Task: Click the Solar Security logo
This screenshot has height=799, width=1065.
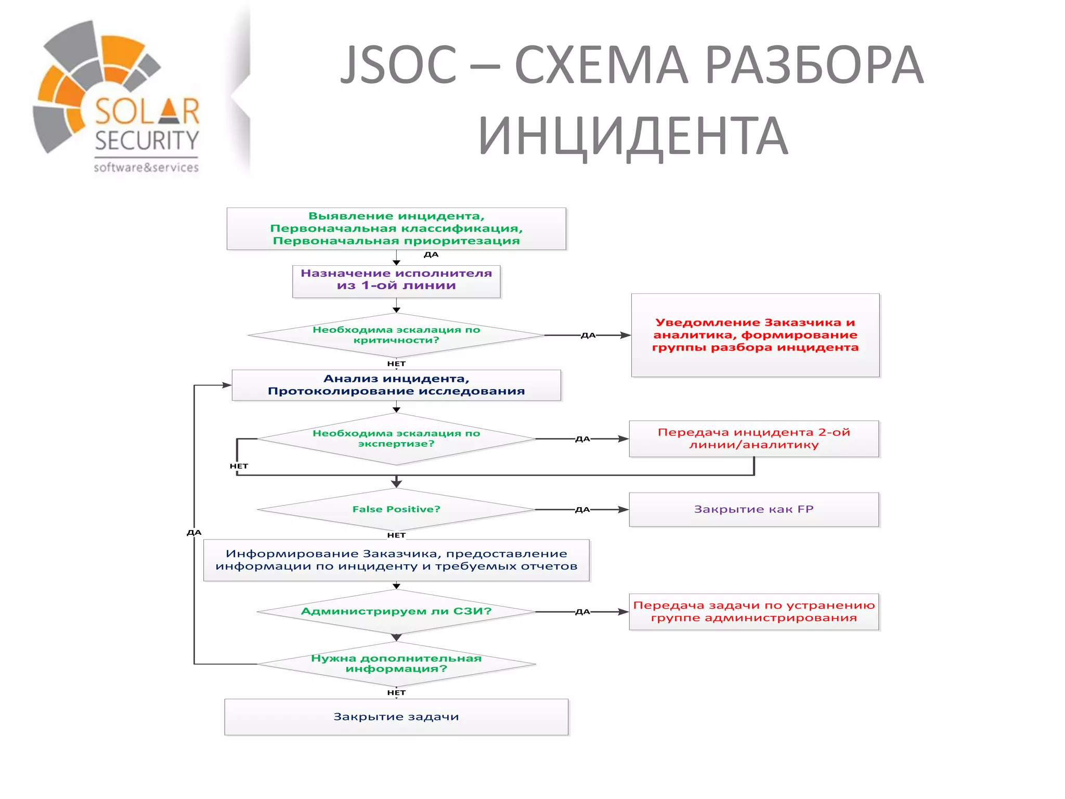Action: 117,96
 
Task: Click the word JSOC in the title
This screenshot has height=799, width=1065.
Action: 398,65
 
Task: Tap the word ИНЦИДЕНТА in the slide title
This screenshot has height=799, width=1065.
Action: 633,136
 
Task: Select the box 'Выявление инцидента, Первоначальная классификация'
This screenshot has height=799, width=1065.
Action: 396,229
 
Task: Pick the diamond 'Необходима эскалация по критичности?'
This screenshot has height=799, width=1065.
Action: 396,335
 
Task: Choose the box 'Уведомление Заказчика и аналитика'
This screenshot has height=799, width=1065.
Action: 755,335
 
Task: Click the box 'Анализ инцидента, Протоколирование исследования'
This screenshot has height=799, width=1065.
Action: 396,385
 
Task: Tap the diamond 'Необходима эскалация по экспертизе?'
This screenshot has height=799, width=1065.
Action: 396,439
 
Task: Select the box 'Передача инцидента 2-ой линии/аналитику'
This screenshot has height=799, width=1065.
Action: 754,439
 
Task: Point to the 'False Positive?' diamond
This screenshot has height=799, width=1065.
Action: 396,509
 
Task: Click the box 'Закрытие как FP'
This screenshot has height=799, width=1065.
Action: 754,509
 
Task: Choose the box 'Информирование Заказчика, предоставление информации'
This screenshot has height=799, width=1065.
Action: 396,560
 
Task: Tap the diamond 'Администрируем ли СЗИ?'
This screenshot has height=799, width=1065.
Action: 396,611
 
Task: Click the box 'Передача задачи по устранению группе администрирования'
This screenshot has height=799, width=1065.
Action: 754,612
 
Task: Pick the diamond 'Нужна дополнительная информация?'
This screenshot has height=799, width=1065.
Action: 396,664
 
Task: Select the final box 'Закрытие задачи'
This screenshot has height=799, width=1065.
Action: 396,717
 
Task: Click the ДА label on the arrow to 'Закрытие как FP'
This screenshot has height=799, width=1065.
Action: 582,510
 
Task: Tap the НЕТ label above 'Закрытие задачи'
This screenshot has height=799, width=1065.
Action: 396,692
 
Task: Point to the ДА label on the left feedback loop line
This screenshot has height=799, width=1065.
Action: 194,532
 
